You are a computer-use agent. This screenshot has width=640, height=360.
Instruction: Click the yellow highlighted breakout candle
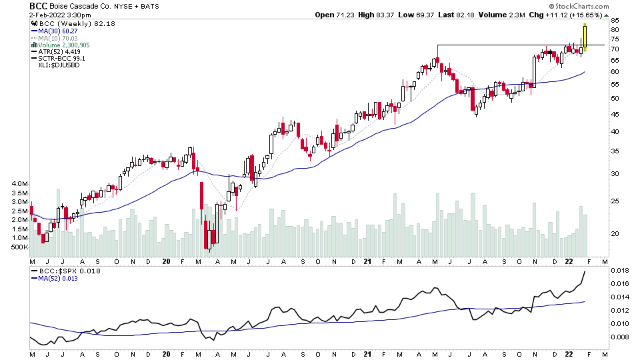(585, 38)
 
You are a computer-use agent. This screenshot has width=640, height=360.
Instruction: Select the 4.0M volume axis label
(18, 183)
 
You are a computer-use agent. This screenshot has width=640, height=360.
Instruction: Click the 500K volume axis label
(18, 247)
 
